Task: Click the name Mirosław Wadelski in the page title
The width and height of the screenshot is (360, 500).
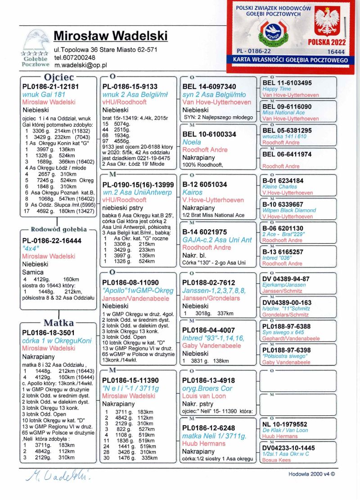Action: coord(110,36)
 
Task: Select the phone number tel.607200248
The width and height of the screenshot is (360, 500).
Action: coord(75,57)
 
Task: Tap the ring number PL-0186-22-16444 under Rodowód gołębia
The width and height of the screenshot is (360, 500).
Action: coord(52,241)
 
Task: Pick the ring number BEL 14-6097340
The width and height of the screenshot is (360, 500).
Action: coord(209,86)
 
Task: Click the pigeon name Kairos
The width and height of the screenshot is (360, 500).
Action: coord(192,192)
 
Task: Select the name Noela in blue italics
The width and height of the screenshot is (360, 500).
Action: coord(192,142)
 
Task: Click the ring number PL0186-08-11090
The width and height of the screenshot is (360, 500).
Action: coord(130,282)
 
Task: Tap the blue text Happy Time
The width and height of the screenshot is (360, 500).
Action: coord(277,89)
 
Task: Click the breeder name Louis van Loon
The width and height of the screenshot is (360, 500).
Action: coord(204,396)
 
